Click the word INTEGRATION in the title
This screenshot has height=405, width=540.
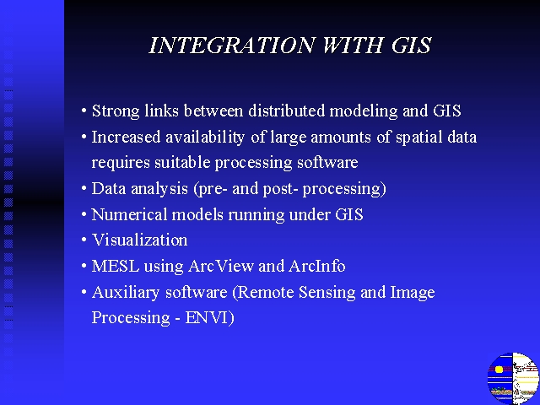click(x=231, y=45)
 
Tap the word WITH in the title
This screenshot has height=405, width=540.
click(x=353, y=45)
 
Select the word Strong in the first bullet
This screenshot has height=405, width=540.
click(x=116, y=111)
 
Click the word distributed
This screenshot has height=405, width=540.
click(x=287, y=111)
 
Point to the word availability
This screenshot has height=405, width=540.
click(x=205, y=138)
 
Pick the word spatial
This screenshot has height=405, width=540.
click(x=419, y=138)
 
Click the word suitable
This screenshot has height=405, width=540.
click(x=182, y=162)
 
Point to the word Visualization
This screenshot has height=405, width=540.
click(x=139, y=240)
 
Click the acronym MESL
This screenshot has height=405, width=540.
click(x=116, y=266)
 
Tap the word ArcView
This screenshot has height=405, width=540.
click(x=221, y=266)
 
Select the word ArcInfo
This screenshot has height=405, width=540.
click(x=317, y=266)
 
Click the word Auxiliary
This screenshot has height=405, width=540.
click(x=125, y=293)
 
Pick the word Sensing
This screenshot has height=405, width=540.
click(x=327, y=293)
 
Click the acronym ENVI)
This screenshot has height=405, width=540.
click(x=210, y=317)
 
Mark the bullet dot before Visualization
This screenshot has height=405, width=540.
click(x=84, y=240)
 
